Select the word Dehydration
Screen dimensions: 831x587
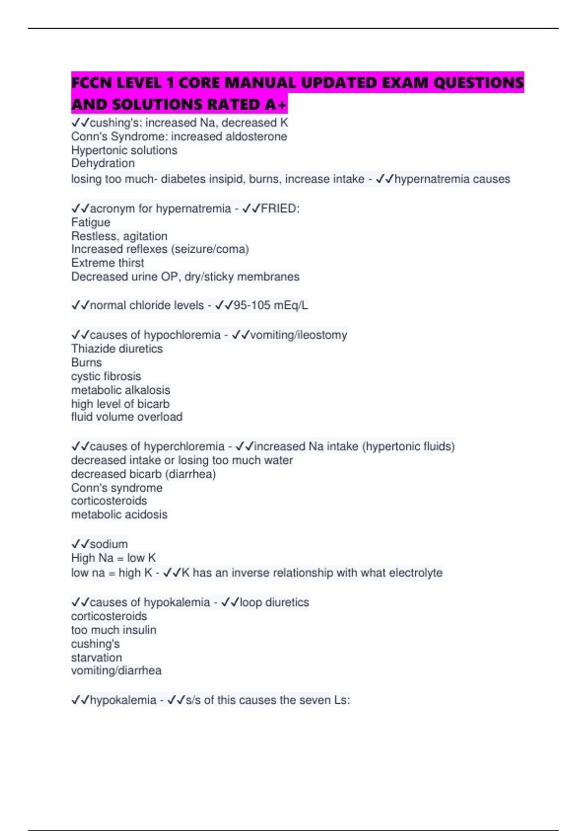(x=103, y=163)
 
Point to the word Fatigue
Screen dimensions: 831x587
(x=90, y=222)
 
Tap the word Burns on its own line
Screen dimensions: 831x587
(x=86, y=363)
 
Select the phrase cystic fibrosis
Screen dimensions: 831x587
(x=106, y=376)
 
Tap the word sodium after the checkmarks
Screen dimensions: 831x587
(x=109, y=544)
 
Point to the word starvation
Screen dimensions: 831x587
(x=96, y=657)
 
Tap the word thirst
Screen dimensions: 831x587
(x=128, y=263)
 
